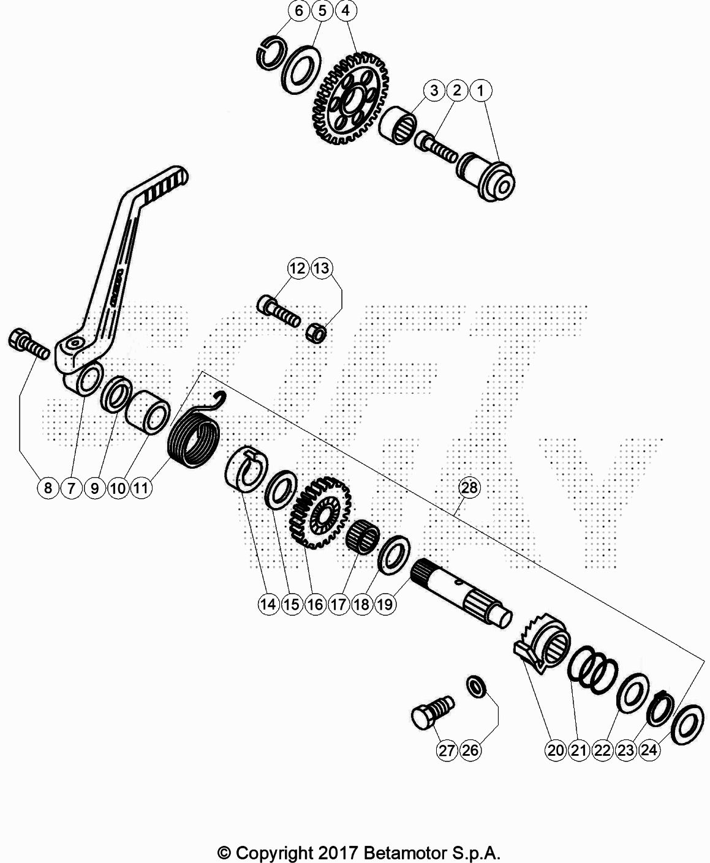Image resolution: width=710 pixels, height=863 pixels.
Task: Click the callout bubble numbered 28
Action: coord(469,487)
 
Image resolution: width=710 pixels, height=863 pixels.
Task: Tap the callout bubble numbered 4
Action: coord(346,10)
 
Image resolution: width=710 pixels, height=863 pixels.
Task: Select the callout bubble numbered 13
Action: coord(322,269)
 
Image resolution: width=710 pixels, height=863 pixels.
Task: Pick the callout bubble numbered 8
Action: coord(48,488)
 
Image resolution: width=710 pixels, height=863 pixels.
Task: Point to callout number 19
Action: coord(385,604)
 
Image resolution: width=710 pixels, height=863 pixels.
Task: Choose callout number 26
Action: coord(470,750)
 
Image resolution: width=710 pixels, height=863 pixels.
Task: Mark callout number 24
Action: coord(649,750)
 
